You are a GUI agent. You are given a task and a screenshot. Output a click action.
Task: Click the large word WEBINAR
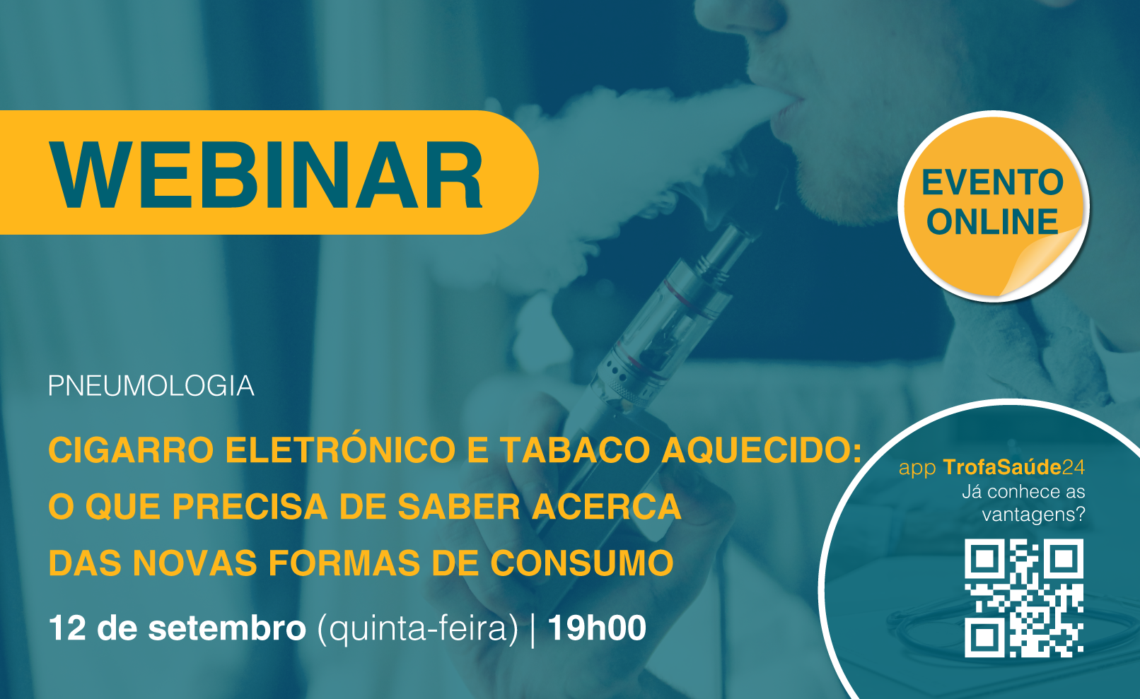(266, 174)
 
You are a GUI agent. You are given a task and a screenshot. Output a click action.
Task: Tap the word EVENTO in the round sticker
(992, 182)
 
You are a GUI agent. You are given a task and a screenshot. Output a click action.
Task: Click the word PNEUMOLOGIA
(151, 386)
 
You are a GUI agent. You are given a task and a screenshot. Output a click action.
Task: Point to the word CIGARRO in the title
(131, 450)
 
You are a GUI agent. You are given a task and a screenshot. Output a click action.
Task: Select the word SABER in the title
(458, 507)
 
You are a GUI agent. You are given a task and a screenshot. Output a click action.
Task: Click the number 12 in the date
(67, 628)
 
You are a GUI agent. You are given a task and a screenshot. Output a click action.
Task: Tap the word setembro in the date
(227, 628)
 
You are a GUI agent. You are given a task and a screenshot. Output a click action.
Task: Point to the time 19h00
(597, 628)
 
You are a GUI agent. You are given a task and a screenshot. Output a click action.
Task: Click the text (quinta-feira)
(417, 629)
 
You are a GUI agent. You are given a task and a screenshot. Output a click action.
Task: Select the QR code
(1024, 598)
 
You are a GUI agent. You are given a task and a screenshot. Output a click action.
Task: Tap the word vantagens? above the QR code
(1033, 515)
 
